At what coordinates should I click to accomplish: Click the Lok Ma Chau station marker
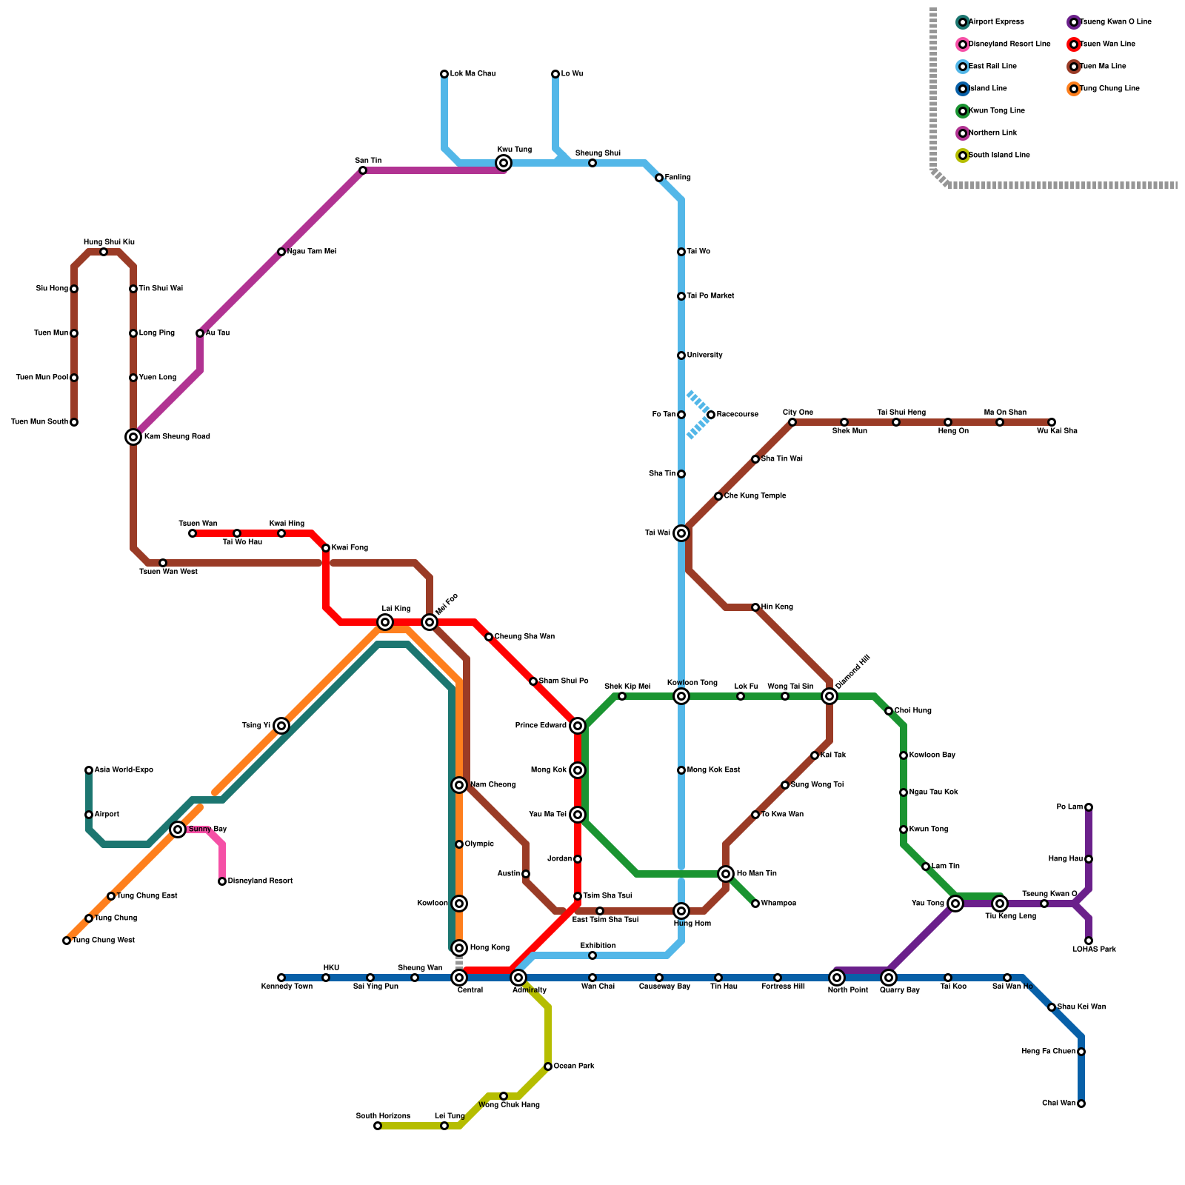444,74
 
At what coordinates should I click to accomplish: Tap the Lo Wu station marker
555,74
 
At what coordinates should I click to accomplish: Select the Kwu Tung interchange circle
504,163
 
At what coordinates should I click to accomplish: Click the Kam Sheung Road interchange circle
133,437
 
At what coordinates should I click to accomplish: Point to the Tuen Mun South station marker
74,422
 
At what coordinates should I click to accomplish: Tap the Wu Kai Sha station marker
1052,422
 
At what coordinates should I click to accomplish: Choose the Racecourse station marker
711,415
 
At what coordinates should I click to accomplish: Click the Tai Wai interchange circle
681,533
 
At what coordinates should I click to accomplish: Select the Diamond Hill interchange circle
829,696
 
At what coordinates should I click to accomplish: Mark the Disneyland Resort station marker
222,881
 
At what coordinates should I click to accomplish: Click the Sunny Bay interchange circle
178,829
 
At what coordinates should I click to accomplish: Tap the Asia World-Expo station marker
89,770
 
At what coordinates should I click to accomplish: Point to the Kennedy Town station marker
281,978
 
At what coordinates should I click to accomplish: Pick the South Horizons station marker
378,1126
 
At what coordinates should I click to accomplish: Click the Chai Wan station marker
1081,1104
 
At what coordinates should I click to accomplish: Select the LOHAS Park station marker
1089,941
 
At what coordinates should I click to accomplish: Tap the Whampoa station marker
755,904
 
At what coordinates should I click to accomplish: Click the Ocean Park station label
574,1066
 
